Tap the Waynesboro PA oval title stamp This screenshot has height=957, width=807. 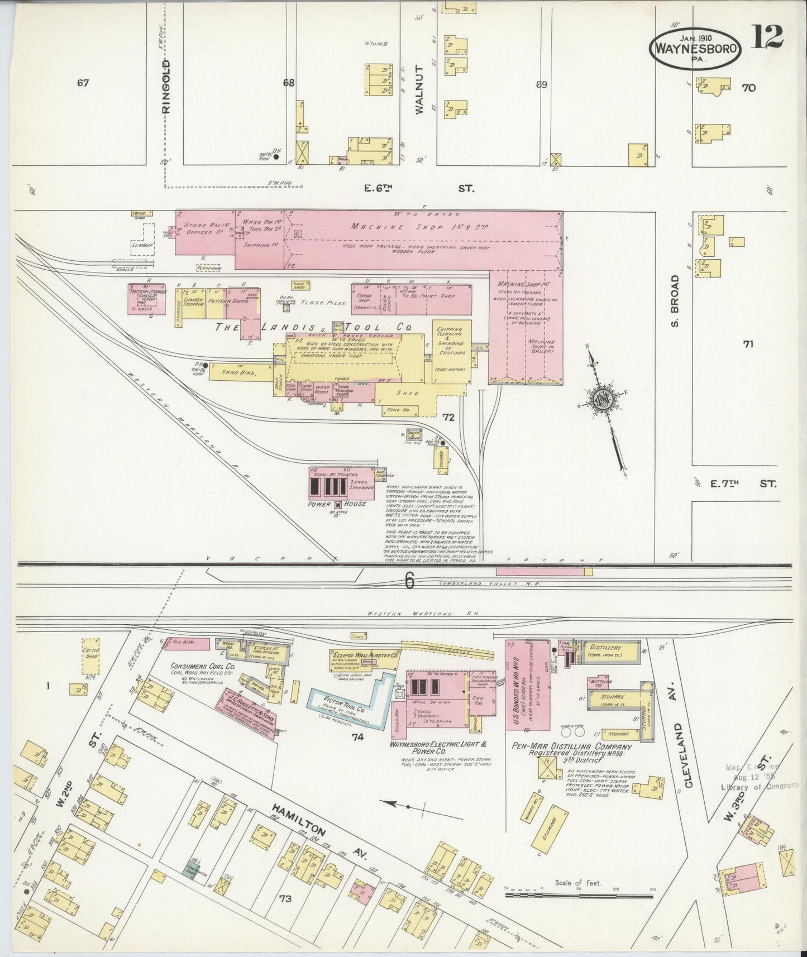[695, 49]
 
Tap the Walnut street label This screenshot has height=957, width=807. [420, 89]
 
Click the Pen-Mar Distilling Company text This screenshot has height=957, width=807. [572, 747]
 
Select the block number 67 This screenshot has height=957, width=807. [83, 83]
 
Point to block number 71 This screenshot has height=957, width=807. [748, 344]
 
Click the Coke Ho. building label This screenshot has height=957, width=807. [395, 410]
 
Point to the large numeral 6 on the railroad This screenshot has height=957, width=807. [409, 582]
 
